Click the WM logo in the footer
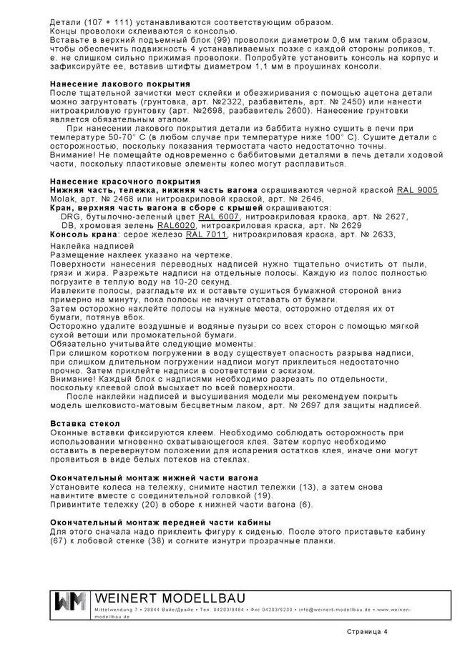point(70,603)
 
